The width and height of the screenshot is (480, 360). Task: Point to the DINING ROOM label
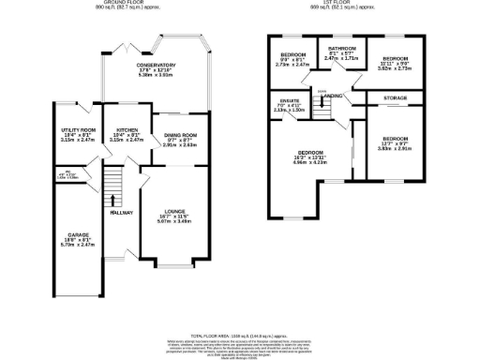[175, 136]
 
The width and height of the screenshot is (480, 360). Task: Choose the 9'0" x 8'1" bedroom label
[290, 55]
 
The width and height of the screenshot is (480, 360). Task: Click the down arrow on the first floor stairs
[322, 92]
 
